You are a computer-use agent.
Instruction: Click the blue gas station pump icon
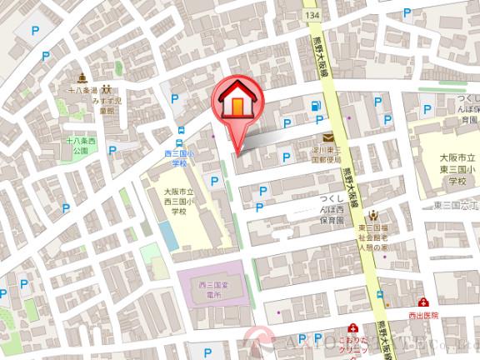tap(315, 106)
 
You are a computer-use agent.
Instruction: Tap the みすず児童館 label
tap(108, 103)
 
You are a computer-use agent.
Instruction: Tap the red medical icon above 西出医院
tap(422, 302)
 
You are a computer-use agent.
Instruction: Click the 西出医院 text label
tap(423, 315)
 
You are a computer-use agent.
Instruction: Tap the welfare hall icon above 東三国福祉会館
tap(372, 215)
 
